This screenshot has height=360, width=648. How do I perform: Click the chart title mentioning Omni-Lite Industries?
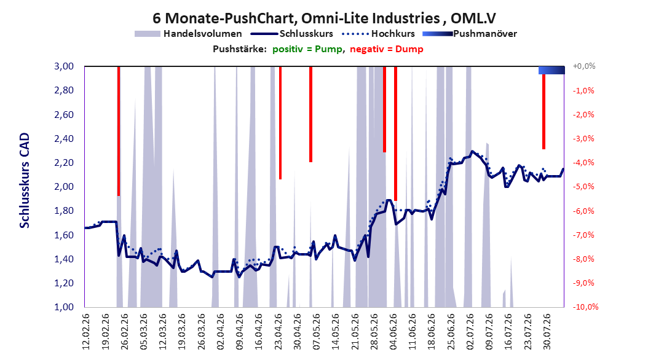coord(324,18)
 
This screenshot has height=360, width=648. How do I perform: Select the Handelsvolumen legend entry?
coord(188,34)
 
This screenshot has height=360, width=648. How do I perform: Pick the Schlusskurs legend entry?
coord(292,34)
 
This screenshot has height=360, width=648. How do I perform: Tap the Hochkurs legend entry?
coord(378,34)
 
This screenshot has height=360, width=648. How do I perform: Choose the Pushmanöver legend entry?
coord(470,34)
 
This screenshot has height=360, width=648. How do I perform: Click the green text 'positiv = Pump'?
coord(307,49)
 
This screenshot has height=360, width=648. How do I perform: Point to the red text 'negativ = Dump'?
coord(387,49)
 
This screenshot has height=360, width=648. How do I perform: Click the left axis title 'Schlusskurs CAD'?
coord(25,181)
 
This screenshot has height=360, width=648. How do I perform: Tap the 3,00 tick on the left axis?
coord(64,66)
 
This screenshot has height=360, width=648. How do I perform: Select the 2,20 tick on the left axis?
coord(64,163)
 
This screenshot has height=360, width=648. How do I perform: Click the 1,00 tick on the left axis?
coord(64,307)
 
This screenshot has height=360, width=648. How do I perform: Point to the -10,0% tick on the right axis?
coord(585,307)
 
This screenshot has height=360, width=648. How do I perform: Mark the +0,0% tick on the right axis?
coord(584,66)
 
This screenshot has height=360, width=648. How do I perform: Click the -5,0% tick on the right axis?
coord(583,187)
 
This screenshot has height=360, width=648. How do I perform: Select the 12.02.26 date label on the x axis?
coord(86,332)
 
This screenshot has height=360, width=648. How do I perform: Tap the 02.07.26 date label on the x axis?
coord(470,332)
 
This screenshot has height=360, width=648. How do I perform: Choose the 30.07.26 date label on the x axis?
coord(547,332)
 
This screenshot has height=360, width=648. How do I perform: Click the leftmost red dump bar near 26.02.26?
coord(119,131)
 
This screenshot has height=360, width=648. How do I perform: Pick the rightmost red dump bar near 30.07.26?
coord(544,111)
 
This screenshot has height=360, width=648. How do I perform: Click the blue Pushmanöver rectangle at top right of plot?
coord(551,70)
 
